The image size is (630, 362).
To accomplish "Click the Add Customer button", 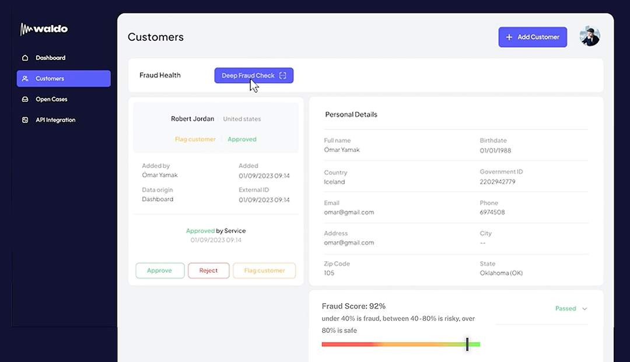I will (x=533, y=37).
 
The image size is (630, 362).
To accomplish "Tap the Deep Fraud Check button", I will (x=254, y=75).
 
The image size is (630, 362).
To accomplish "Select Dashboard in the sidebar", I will (x=50, y=58).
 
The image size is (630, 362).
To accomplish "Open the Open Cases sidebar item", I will (x=51, y=99).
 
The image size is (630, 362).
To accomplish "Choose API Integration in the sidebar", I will (x=55, y=120).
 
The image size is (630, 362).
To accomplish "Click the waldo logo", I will (x=44, y=29).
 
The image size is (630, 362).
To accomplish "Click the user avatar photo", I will (x=590, y=36).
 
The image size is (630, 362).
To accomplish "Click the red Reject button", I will (x=208, y=270).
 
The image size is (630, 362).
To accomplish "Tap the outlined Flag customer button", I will (x=264, y=270).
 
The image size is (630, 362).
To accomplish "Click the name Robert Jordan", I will (x=192, y=119).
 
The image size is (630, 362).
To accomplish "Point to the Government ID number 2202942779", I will (x=498, y=182).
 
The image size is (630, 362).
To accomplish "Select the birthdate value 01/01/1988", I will (x=496, y=150).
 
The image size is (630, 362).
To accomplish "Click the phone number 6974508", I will (x=492, y=212).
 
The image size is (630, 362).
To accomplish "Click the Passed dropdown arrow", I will (x=584, y=308).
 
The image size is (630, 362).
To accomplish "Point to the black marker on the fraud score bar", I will (x=467, y=344).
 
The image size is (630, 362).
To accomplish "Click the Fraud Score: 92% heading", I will (x=353, y=306).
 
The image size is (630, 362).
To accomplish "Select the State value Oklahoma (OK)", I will (x=501, y=273).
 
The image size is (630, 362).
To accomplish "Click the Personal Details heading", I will (x=351, y=114).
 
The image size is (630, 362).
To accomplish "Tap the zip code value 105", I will (x=328, y=273).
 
